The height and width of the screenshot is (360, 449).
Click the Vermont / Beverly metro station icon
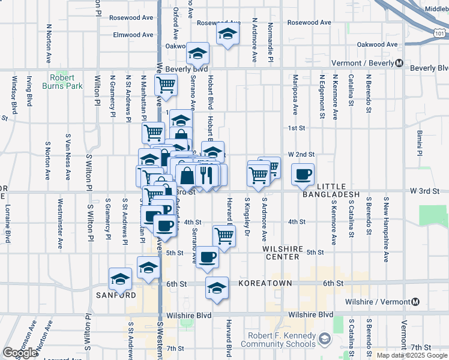[x=399, y=64]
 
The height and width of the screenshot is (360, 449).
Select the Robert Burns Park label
[x=62, y=82]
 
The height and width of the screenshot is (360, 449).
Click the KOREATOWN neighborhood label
[x=265, y=283]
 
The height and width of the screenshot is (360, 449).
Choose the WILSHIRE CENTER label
[x=281, y=252]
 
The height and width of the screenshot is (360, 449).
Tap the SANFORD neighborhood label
[x=115, y=295]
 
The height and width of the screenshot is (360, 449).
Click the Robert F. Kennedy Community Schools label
[x=278, y=340]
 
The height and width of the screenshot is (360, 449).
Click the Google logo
[x=20, y=353]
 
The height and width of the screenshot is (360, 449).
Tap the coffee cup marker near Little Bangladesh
[x=303, y=175]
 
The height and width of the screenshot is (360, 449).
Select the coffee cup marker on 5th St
[x=208, y=257]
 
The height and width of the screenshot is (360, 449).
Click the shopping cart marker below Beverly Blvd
[x=166, y=85]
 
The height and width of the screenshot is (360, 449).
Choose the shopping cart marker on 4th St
[x=223, y=236]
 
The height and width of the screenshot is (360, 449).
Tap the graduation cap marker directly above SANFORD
[x=120, y=278]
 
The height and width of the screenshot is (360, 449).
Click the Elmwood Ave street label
[x=134, y=35]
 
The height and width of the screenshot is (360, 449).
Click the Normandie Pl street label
[x=271, y=43]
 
